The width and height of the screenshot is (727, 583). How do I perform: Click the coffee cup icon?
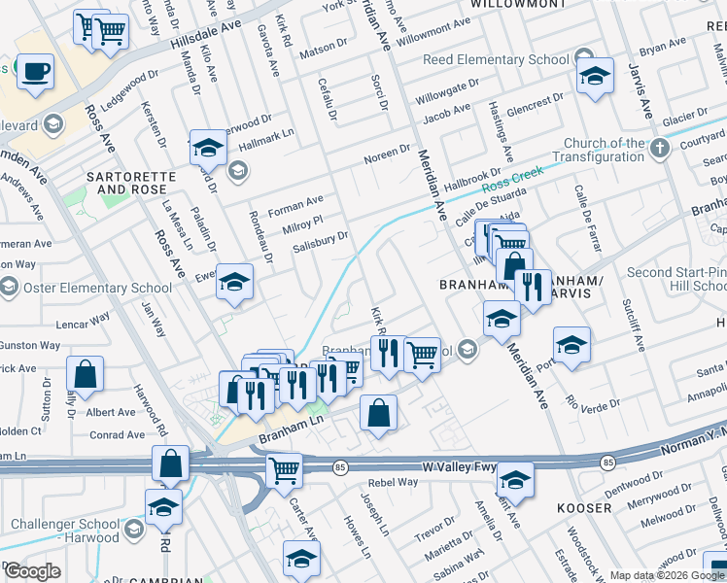point(35,72)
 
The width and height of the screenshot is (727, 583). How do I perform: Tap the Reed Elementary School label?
point(496,60)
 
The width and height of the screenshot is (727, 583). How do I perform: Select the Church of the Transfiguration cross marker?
point(660,148)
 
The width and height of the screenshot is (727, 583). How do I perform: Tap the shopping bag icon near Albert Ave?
point(86,374)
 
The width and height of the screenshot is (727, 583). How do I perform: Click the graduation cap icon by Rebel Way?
point(515,479)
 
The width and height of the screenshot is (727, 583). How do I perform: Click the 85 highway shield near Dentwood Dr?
point(607,463)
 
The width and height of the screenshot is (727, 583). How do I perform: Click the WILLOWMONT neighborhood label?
point(518,5)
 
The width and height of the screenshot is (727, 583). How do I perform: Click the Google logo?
point(31,571)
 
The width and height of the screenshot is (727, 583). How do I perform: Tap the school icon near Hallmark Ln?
point(207,149)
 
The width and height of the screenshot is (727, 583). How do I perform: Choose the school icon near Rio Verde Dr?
point(571,345)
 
